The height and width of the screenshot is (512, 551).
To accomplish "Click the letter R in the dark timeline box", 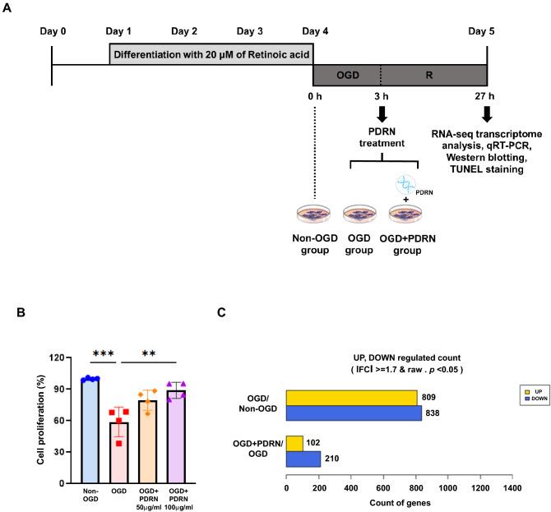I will point(433,74).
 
